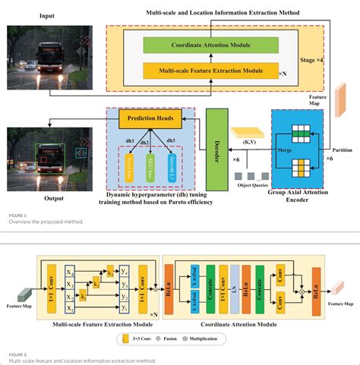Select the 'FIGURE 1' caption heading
[x=17, y=215]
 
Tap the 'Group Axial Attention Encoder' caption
[x=297, y=198]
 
